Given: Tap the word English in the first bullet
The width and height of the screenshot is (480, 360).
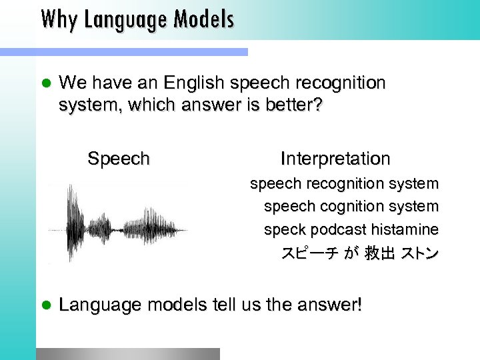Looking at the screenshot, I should [x=190, y=83].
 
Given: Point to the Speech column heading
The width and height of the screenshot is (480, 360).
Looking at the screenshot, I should [x=119, y=159].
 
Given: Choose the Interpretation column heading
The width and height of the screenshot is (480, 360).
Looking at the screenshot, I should [x=335, y=159].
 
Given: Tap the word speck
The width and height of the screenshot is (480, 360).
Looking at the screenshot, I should [x=283, y=230].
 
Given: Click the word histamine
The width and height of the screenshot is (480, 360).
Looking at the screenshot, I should [x=405, y=230].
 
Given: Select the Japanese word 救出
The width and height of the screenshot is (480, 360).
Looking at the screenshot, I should [x=379, y=254].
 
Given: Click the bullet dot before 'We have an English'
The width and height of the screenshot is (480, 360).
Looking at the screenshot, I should [x=46, y=84].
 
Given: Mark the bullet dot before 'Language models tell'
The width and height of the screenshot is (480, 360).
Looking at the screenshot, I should [x=46, y=306].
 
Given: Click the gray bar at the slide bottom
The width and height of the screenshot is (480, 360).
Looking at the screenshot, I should [x=127, y=353].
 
